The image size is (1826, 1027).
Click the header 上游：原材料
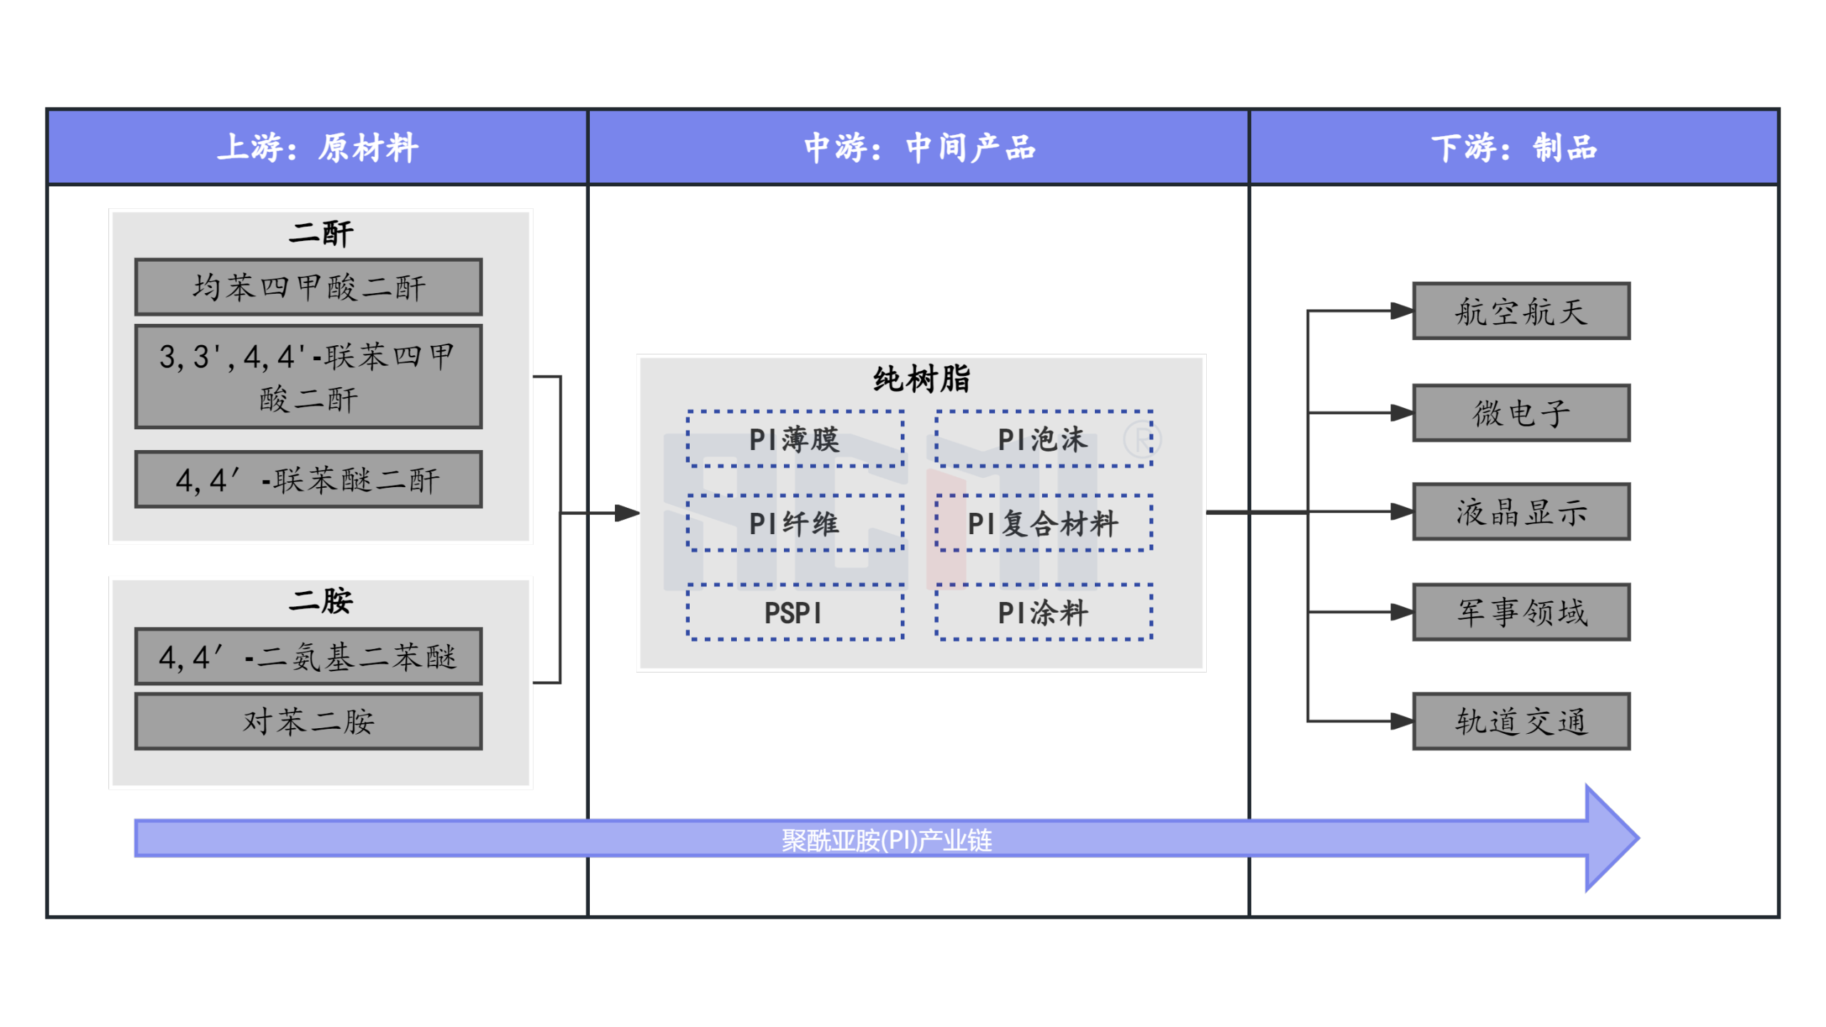317,148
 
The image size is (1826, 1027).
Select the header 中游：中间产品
919,148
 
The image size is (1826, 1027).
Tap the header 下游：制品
1514,148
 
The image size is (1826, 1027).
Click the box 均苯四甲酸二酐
308,287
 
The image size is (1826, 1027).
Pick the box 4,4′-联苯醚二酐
308,479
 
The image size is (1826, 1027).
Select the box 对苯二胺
308,721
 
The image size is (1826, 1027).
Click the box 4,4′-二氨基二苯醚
308,656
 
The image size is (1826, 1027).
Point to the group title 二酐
320,233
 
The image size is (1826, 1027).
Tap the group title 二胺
320,601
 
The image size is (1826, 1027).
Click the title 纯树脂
922,379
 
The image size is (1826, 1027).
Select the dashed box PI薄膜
795,439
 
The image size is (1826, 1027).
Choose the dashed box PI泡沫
1043,439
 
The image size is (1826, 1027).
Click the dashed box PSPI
795,613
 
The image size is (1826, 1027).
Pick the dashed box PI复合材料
1043,523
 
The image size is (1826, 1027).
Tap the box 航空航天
1521,311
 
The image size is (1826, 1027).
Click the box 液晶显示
1521,511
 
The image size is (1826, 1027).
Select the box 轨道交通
1521,721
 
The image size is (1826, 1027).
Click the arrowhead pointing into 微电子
1402,413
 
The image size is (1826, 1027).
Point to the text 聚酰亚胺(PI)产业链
886,840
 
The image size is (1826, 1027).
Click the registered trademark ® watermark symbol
1142,440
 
